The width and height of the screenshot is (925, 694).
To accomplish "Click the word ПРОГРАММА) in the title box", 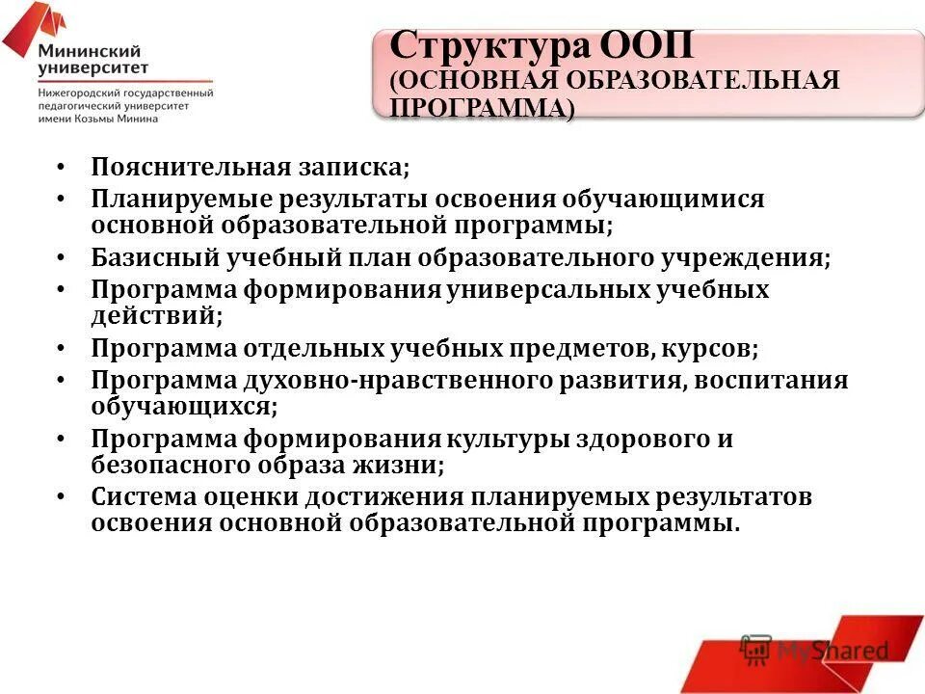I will pyautogui.click(x=482, y=108).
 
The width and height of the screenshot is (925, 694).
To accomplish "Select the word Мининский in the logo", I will pyautogui.click(x=90, y=51).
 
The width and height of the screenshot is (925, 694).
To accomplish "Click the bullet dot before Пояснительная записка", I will pyautogui.click(x=62, y=167).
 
